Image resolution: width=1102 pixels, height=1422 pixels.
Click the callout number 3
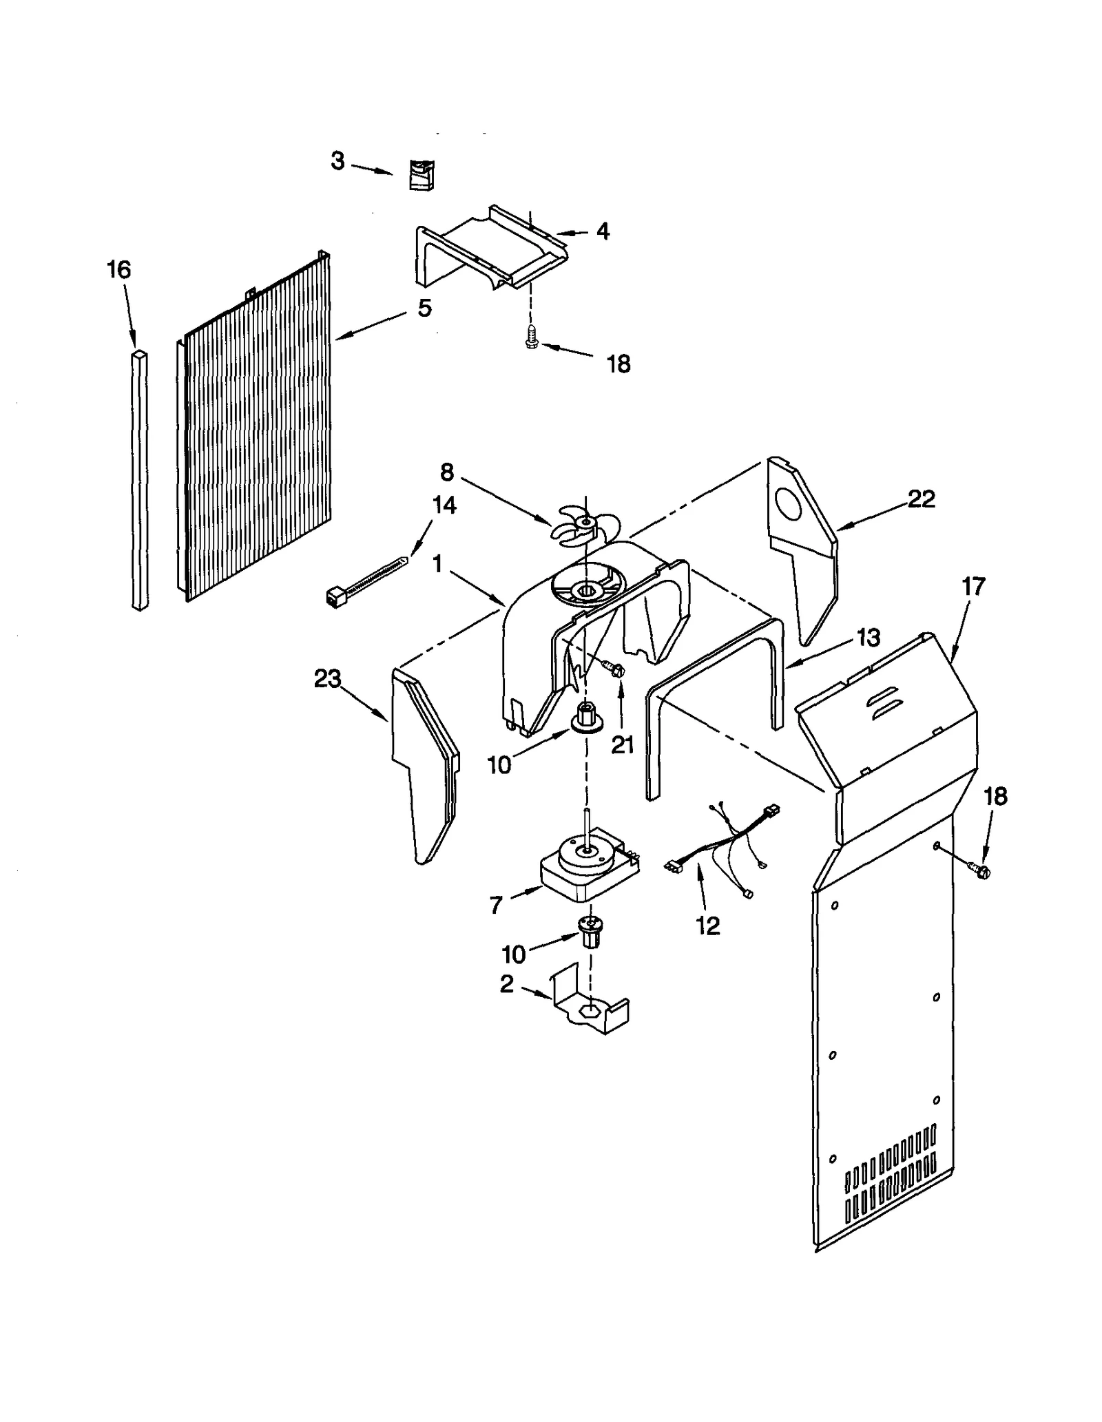point(337,161)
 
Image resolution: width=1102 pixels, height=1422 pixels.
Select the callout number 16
point(118,270)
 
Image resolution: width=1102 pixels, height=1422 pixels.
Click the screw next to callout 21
point(613,667)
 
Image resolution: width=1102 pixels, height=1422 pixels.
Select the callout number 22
point(921,499)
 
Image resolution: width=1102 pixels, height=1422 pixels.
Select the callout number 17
point(973,587)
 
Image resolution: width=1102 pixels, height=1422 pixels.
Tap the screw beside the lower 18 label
point(979,871)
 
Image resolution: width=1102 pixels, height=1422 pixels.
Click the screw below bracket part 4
point(530,337)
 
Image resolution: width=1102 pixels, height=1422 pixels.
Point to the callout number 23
point(327,679)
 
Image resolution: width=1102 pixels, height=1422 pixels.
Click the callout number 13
point(869,638)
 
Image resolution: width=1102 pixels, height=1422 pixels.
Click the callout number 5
point(425,308)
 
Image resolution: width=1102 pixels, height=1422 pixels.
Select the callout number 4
point(603,231)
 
